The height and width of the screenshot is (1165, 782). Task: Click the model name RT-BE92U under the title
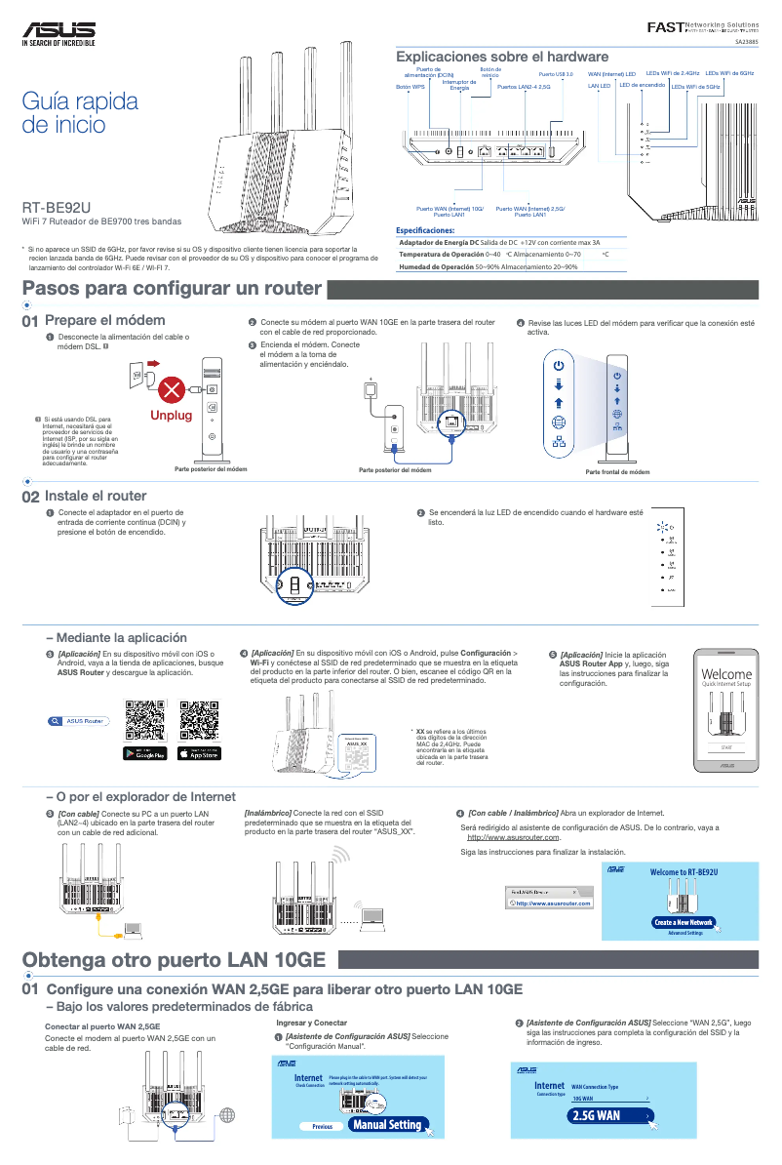pyautogui.click(x=58, y=207)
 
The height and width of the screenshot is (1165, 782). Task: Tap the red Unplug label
pyautogui.click(x=171, y=416)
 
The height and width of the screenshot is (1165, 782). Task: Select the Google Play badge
pyautogui.click(x=145, y=753)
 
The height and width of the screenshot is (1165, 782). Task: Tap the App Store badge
pyautogui.click(x=199, y=753)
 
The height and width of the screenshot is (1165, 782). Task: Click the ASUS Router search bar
pyautogui.click(x=80, y=721)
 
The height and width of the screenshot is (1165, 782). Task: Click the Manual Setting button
pyautogui.click(x=387, y=1125)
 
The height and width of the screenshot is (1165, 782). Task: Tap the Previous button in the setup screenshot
pyautogui.click(x=322, y=1126)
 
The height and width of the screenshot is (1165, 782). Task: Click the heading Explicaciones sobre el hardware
pyautogui.click(x=501, y=57)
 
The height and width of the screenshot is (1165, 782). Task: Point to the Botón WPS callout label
pyautogui.click(x=411, y=87)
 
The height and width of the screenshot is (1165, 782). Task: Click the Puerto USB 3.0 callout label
pyautogui.click(x=556, y=74)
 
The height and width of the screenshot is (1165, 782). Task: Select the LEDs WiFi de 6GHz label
pyautogui.click(x=729, y=73)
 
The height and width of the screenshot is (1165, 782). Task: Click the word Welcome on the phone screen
pyautogui.click(x=726, y=674)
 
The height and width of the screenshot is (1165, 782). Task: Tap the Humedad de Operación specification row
pyautogui.click(x=488, y=266)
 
